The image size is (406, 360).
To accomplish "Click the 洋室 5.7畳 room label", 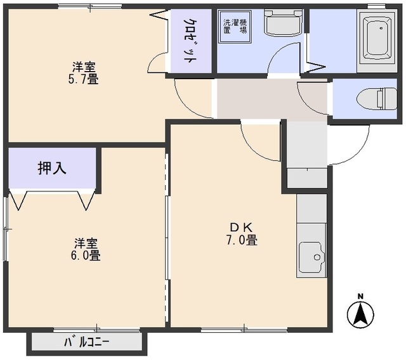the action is coord(84,73).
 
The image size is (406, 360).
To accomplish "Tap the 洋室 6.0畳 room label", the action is coord(86,249).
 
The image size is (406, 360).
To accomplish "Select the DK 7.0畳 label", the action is coord(242,234).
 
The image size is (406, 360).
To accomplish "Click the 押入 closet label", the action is coord(52,168).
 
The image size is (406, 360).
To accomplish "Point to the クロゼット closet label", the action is coord(190,41).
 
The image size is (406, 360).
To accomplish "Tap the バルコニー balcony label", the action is coord(87,343).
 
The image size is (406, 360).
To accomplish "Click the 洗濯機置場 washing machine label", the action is coord(235,26).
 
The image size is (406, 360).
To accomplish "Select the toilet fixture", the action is coord(377,99).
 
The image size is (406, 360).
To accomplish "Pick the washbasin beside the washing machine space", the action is coord(283,23).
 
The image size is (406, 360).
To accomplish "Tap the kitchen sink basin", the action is coord(311,257).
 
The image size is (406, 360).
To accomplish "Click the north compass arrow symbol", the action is coord(360,314).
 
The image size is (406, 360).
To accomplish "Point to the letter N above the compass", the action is coord(360,297).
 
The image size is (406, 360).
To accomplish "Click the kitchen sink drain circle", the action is coord(317,257).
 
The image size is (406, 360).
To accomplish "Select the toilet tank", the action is coord(387,99).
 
